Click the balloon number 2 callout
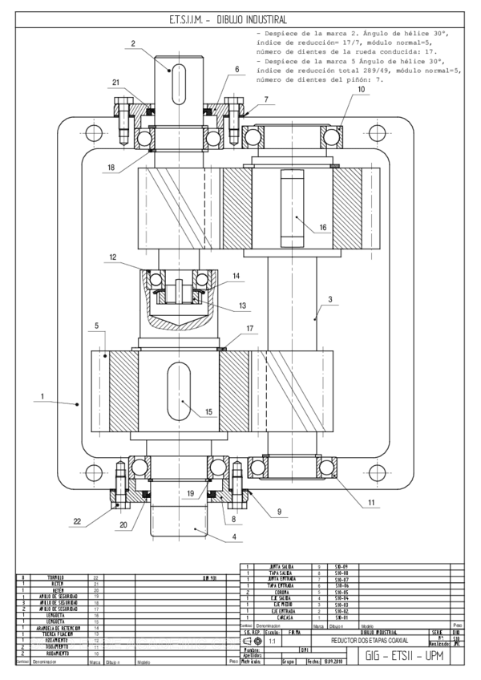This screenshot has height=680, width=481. (x=133, y=43)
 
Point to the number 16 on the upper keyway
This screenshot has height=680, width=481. (x=322, y=227)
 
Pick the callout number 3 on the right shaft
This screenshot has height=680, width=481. (x=329, y=298)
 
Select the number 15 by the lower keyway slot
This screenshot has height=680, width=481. (x=208, y=412)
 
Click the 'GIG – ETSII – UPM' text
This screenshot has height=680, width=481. (x=406, y=655)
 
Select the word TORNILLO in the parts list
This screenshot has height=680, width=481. (x=55, y=577)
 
